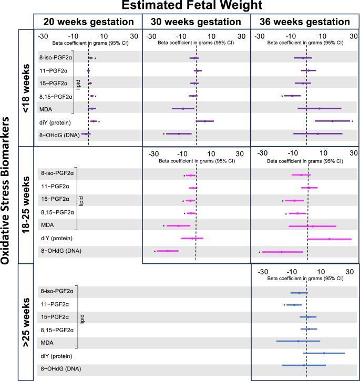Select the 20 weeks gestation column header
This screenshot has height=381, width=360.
(x=88, y=22)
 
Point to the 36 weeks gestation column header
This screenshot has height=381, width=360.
(x=305, y=22)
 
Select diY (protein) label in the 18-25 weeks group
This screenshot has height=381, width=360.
(x=56, y=239)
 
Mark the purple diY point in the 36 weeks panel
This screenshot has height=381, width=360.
(x=333, y=121)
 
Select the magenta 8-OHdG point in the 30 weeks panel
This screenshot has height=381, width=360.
(x=168, y=251)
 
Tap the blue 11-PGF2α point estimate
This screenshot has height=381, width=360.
(x=294, y=305)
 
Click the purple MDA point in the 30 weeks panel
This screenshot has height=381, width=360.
(x=183, y=109)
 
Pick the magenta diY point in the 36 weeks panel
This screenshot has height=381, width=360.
(x=330, y=239)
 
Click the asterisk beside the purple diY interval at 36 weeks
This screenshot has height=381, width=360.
(x=353, y=121)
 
